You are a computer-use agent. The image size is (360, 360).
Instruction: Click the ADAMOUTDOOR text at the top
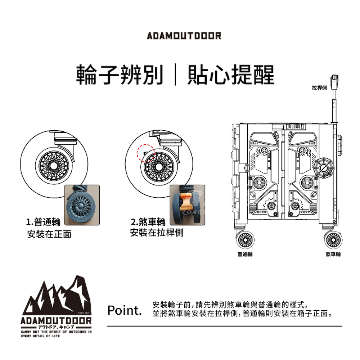pos(184,36)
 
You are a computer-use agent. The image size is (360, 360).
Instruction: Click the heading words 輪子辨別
pos(119,75)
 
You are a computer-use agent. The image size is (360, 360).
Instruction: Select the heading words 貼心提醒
pos(230,75)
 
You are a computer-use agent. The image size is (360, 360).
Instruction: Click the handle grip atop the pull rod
pos(334,80)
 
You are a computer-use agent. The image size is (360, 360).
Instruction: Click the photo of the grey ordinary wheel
pos(81,205)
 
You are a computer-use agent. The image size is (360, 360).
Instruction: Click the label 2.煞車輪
pos(148,221)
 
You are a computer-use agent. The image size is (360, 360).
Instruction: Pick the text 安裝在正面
pos(49,234)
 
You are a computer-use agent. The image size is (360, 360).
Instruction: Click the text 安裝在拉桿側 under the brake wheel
pos(156,233)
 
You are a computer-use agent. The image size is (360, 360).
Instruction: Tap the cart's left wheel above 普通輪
pos(245,239)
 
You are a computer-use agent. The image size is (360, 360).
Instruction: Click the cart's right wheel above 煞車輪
pos(333,239)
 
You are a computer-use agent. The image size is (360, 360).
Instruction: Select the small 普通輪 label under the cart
pos(245,254)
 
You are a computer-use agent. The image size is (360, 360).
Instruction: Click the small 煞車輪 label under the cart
pos(333,254)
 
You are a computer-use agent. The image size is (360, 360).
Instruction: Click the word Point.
pos(125,310)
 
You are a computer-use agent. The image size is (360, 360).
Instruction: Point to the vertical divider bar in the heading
pos(175,75)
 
